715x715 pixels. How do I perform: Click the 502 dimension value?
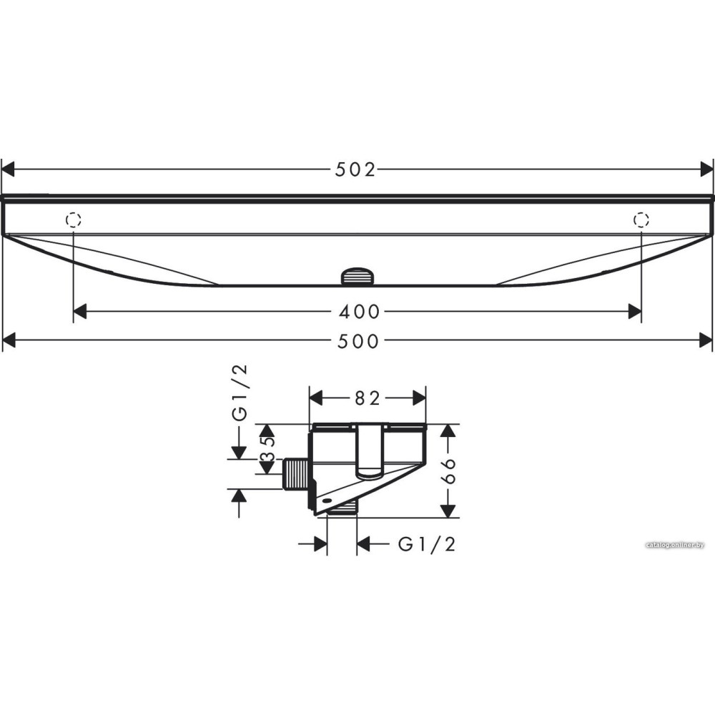(355, 169)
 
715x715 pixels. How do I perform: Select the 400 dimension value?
(360, 312)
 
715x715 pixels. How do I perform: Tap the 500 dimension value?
(358, 341)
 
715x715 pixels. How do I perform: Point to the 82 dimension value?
(368, 398)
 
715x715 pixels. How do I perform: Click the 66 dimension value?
(448, 470)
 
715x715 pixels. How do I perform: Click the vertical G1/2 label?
(240, 393)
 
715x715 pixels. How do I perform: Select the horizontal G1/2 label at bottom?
(427, 544)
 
